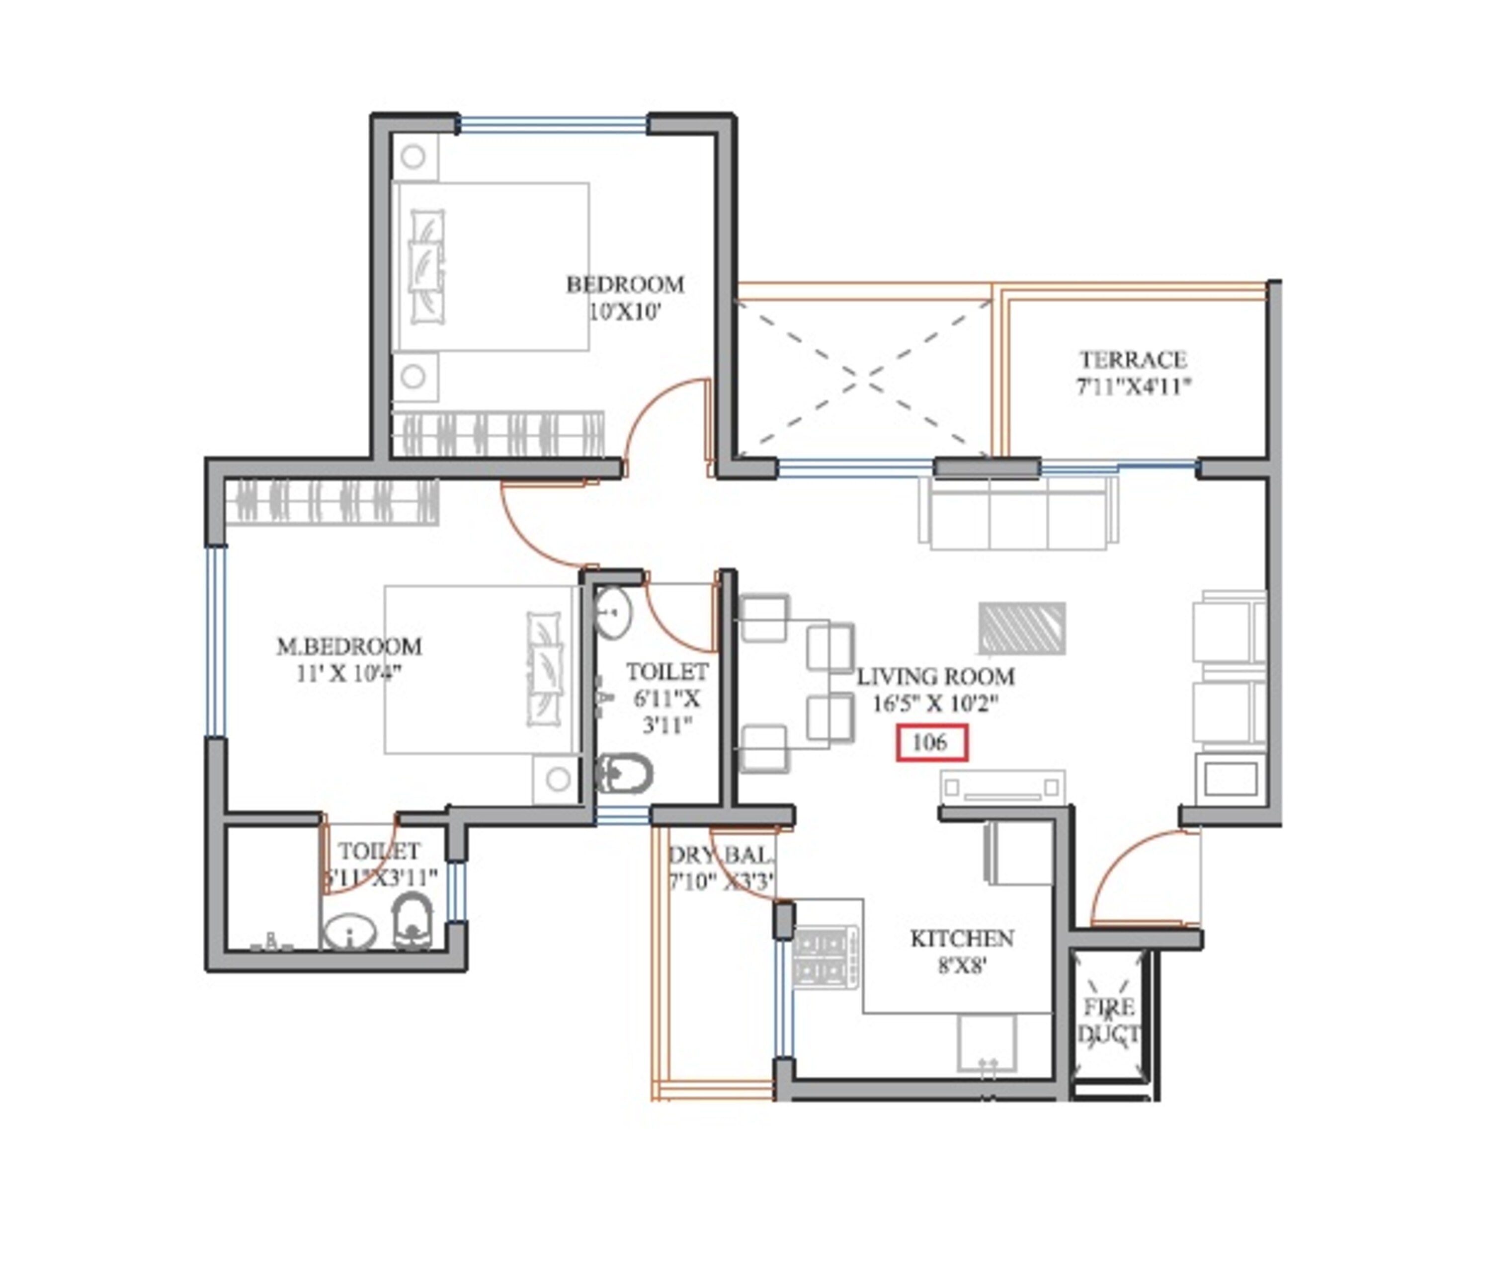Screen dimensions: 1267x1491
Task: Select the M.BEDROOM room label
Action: pos(349,646)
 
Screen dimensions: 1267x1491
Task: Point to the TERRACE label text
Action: pos(1133,359)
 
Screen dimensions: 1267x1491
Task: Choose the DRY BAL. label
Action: pos(721,856)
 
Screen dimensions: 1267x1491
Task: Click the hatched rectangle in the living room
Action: pos(1021,629)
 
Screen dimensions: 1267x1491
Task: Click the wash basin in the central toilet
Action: pos(612,613)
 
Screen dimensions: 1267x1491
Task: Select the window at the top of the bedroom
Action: pos(553,125)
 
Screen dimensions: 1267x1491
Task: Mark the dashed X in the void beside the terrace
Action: pos(863,379)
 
